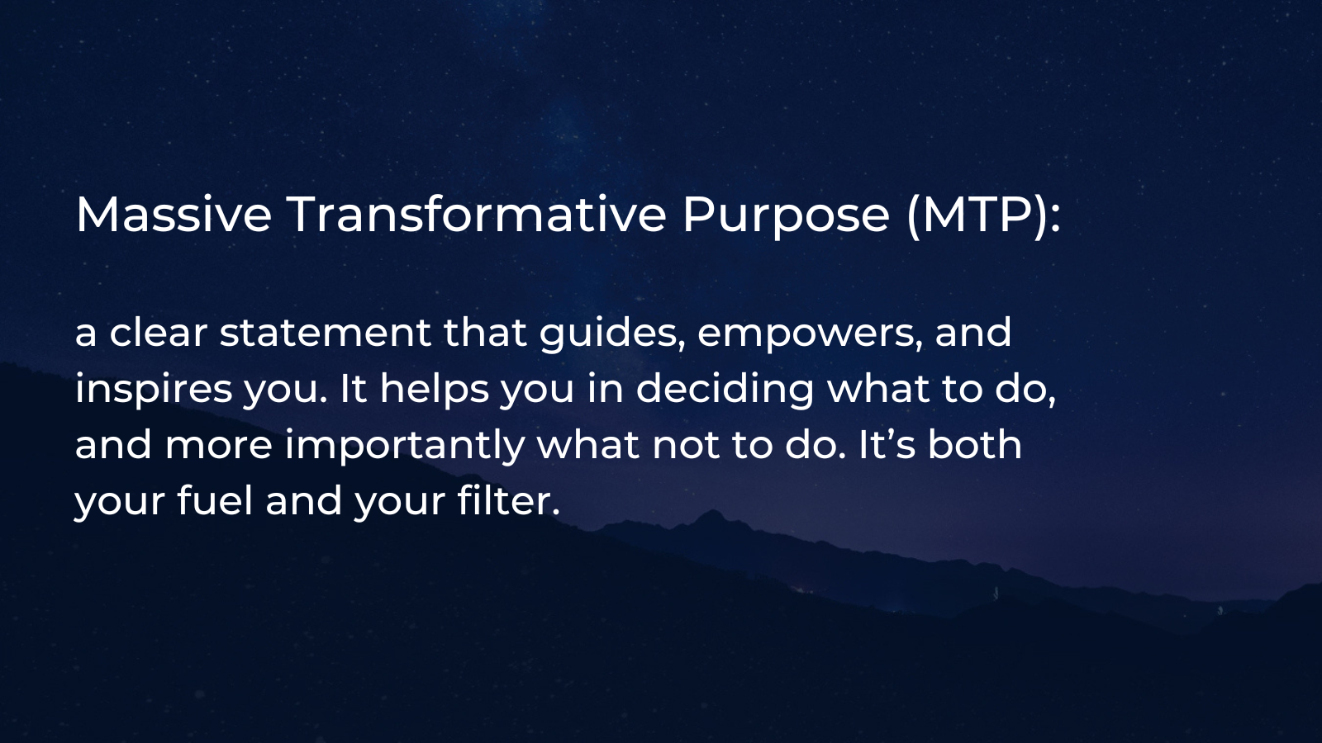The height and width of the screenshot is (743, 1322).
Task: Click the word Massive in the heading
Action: tap(174, 215)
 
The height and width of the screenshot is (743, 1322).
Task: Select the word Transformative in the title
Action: tap(476, 215)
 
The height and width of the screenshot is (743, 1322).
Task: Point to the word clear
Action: tap(158, 333)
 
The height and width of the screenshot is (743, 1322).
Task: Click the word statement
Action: tap(325, 333)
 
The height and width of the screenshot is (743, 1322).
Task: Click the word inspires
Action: tap(154, 390)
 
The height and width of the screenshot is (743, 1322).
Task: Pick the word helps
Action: tap(434, 390)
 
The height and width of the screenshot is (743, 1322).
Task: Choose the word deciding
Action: tap(725, 390)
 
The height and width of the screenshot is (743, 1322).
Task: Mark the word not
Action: tap(685, 445)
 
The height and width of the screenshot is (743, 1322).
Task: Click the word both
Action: tap(975, 445)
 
